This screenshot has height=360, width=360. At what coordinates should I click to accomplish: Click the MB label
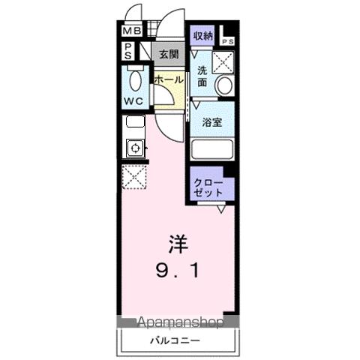(x=131, y=31)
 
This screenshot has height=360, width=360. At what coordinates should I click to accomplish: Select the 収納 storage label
(x=202, y=35)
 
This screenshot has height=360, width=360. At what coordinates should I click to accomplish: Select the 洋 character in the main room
(x=177, y=244)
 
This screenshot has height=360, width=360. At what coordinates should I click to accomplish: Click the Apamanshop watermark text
(x=180, y=323)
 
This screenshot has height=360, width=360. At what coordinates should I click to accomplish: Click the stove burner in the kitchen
(x=136, y=147)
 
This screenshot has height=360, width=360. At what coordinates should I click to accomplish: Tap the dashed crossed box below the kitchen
(x=135, y=178)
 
